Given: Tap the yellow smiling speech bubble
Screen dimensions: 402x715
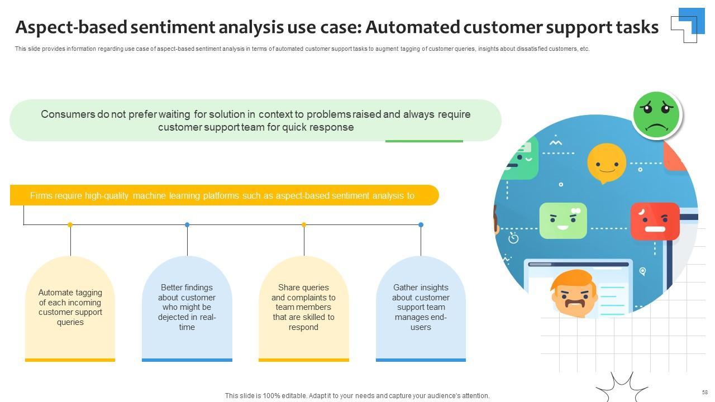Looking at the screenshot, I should point(606,162).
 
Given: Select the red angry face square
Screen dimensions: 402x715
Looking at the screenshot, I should point(655,221).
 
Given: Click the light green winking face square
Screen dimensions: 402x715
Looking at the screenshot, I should point(563,221).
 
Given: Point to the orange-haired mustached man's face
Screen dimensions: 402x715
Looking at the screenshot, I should point(574,294).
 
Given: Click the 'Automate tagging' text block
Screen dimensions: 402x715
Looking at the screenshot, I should point(70,307).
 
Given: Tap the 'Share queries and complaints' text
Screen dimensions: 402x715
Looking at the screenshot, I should point(303,307).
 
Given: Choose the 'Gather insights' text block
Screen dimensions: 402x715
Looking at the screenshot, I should point(421,307).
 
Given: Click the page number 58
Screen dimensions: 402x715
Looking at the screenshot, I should point(705,393).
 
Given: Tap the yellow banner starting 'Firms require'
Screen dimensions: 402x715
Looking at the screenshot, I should point(223,195).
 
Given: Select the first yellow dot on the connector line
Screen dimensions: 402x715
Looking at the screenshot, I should point(70,224).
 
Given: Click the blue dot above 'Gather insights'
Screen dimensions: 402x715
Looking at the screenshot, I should point(421,224).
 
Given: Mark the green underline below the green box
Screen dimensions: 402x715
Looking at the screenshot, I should point(424,141).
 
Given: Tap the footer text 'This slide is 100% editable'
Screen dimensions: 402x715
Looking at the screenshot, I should point(357,396).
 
